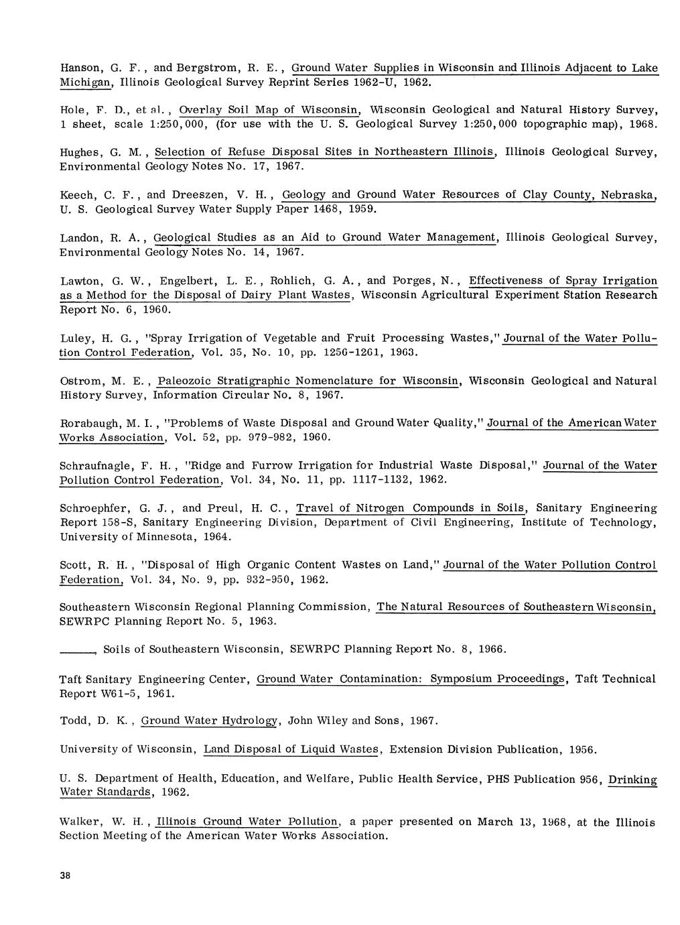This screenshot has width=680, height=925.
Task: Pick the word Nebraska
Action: pos(628,195)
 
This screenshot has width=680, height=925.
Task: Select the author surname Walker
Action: pos(80,822)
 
